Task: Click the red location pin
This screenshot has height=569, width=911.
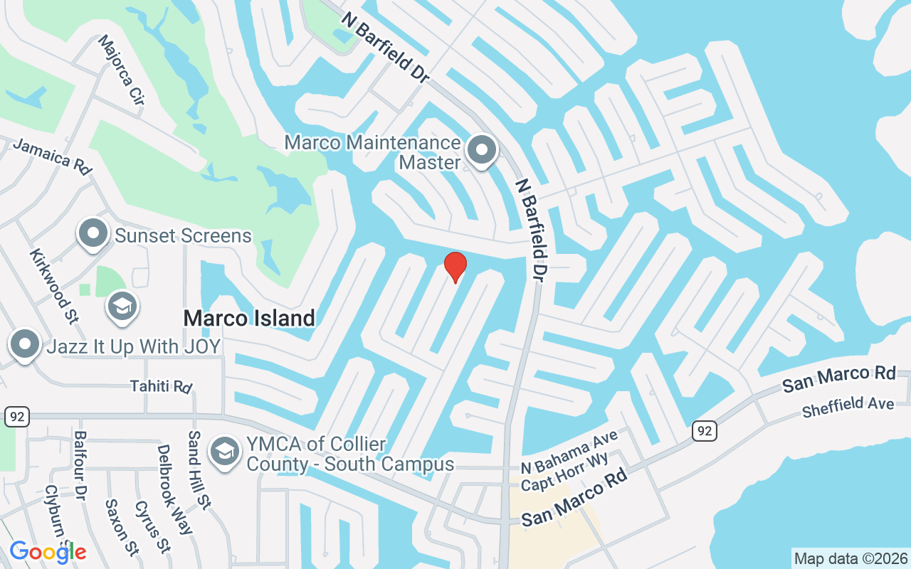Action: [x=455, y=267]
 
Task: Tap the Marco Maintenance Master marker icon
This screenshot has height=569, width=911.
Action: [x=482, y=151]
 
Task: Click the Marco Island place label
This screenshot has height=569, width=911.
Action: [x=249, y=318]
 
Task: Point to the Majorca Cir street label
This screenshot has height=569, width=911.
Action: [x=122, y=70]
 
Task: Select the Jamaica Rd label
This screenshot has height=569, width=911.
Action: [x=53, y=156]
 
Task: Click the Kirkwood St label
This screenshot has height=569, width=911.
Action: [x=53, y=284]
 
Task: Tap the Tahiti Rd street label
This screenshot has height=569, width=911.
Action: [x=161, y=386]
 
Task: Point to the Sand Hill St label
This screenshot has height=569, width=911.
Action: [x=199, y=470]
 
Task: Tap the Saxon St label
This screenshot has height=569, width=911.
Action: [x=122, y=527]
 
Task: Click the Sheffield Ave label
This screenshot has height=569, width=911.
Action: [x=848, y=408]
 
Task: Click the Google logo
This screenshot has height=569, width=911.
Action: [x=48, y=552]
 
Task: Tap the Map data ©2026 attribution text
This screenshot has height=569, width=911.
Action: [x=851, y=558]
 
